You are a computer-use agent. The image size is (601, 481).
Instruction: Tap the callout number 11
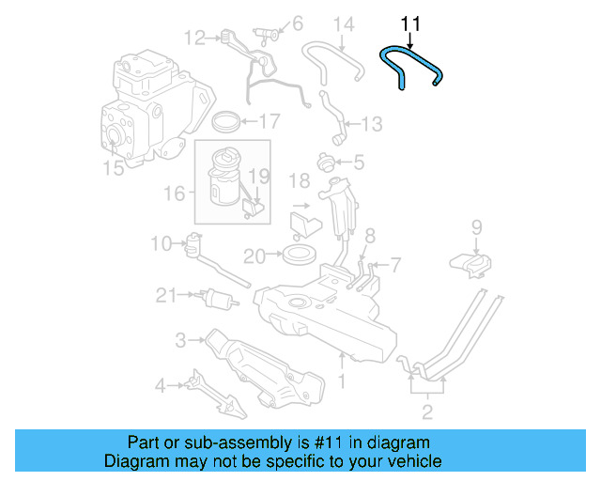410,23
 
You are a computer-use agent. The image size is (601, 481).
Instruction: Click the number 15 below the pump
113,168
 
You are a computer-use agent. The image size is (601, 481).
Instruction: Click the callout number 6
297,23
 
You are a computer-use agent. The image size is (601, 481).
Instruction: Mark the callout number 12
194,39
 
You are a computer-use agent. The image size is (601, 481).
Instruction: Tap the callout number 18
299,179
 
